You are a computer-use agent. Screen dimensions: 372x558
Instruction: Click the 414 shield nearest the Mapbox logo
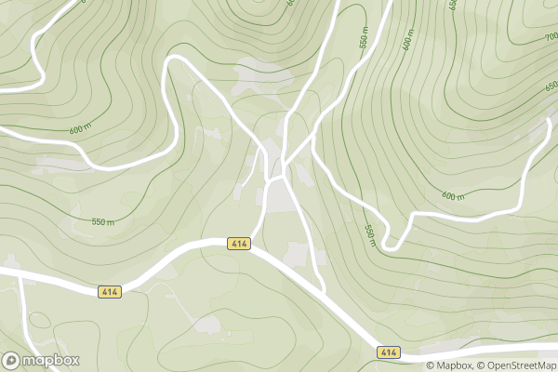110,292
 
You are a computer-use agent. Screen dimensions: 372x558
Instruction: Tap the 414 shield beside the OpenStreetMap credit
389,352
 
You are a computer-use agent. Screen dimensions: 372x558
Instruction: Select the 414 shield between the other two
239,243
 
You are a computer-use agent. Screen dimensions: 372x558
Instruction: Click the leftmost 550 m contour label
102,222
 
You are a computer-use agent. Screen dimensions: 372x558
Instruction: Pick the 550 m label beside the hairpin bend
369,235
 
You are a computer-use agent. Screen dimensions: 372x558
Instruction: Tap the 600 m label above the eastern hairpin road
453,196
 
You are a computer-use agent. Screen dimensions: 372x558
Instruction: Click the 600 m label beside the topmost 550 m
407,43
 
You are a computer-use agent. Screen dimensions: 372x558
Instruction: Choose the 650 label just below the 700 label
551,86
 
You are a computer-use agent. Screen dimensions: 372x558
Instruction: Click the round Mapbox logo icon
12,360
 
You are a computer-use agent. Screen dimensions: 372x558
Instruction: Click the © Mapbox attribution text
450,365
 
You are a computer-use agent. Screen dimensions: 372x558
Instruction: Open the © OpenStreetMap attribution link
517,365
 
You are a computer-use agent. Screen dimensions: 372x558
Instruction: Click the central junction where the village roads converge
276,176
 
